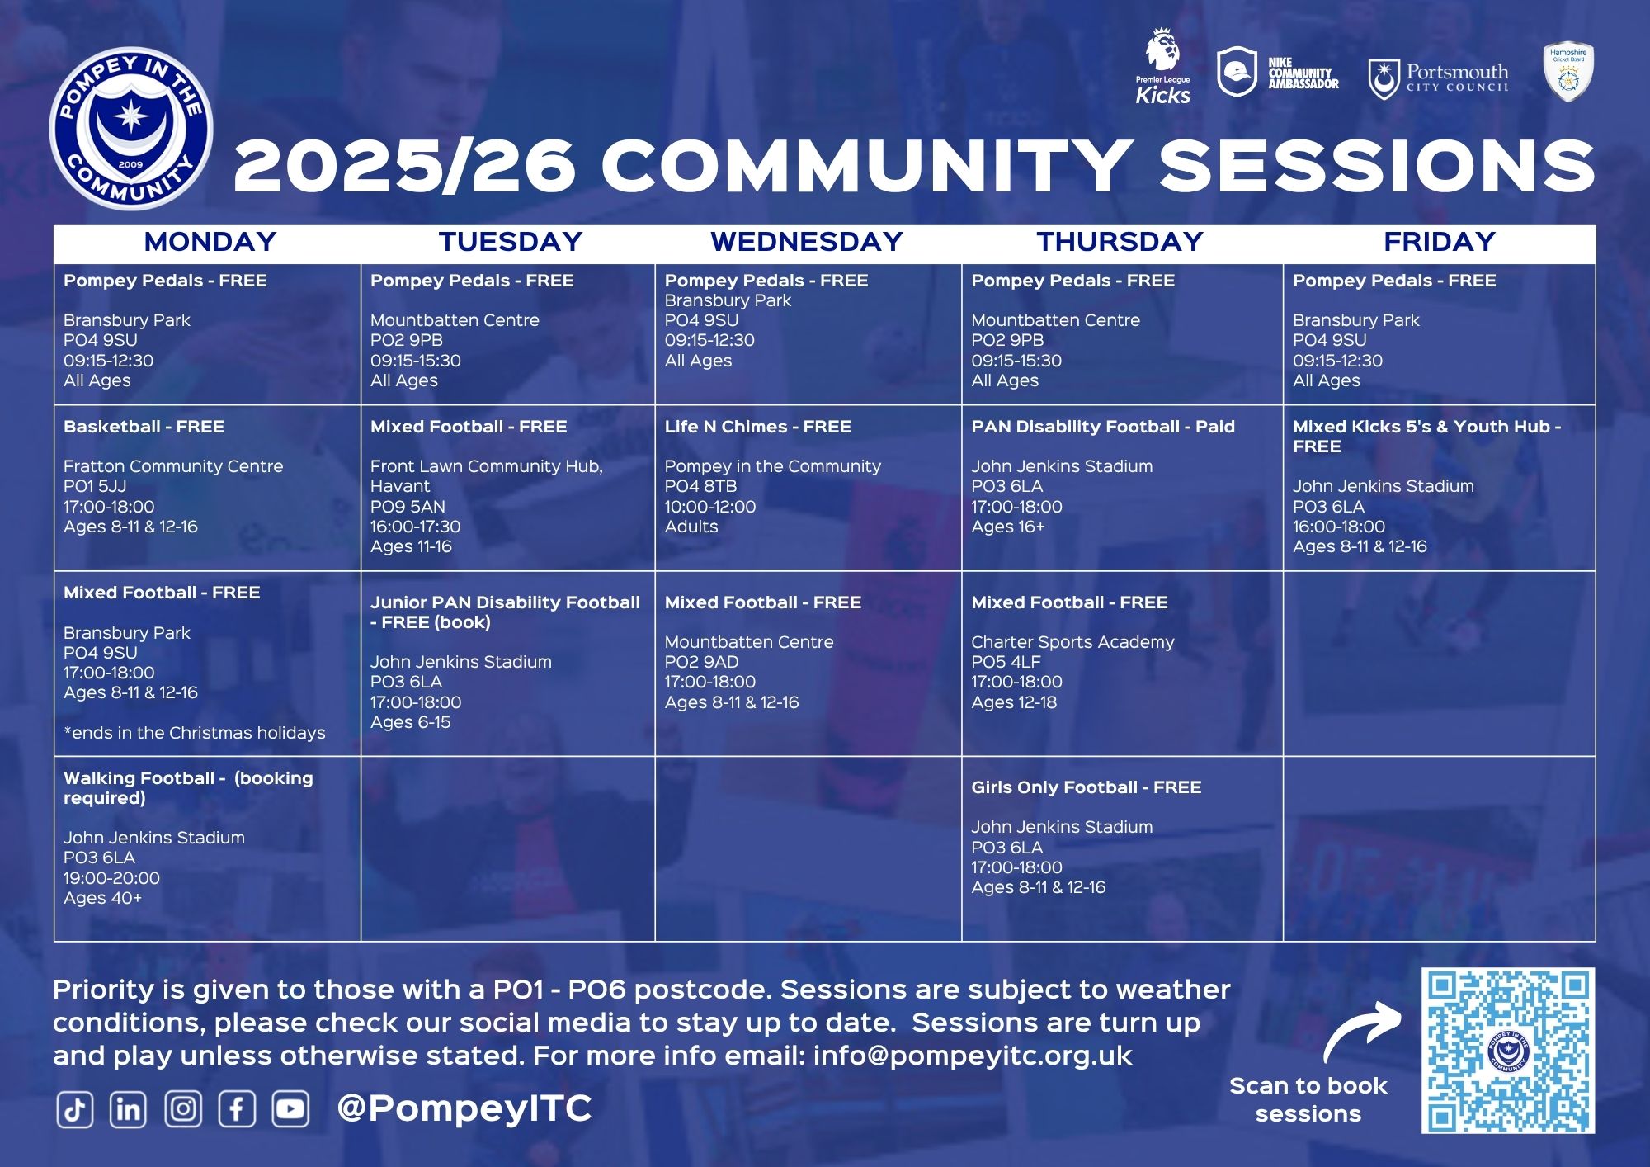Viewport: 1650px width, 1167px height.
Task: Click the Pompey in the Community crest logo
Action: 131,129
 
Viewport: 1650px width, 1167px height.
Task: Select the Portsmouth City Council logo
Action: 1438,79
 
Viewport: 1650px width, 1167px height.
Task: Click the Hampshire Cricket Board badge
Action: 1568,72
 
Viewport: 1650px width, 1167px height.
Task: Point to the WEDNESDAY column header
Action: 807,241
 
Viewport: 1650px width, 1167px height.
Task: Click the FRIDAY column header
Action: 1440,241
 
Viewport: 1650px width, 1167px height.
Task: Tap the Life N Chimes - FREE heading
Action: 757,427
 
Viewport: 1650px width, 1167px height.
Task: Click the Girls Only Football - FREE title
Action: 1086,787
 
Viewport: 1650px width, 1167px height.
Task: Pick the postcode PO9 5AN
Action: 408,507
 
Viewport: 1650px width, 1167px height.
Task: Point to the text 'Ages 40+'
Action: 102,898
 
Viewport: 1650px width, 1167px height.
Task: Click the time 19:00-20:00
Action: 111,878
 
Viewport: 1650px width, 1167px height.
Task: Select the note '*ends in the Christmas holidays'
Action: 194,733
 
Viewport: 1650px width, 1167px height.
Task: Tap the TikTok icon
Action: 74,1109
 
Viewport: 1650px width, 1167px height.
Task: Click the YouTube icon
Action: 290,1109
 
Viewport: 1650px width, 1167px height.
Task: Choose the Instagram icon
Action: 183,1109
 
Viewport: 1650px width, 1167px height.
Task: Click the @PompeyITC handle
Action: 464,1108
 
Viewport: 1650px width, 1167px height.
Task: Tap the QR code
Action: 1507,1050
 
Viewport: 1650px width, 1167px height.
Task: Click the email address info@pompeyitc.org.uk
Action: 973,1056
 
